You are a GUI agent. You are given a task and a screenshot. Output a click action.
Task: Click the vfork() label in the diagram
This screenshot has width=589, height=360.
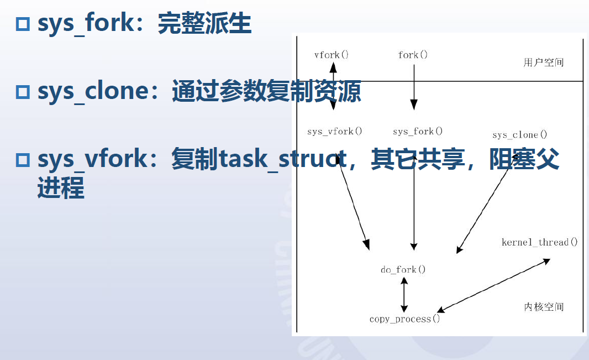[332, 55]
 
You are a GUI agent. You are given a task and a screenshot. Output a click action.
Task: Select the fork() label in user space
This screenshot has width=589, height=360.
[413, 55]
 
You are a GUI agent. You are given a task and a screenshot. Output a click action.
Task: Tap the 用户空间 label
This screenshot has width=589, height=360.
[544, 62]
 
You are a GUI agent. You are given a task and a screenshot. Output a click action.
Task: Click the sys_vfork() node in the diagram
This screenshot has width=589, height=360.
[335, 131]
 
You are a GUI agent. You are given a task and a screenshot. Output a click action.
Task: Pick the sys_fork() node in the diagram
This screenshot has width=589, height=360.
[418, 131]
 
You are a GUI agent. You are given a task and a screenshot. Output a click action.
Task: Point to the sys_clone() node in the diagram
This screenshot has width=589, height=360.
[519, 135]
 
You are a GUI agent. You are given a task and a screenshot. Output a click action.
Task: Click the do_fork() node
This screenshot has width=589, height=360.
[403, 269]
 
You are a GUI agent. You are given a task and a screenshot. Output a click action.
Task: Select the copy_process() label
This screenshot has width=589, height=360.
[405, 319]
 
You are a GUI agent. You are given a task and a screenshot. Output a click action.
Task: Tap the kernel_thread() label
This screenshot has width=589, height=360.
[539, 242]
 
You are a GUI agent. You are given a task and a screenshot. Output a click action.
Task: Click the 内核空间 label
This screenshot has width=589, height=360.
[544, 306]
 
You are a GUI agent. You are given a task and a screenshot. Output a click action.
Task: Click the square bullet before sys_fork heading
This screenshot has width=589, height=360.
[23, 24]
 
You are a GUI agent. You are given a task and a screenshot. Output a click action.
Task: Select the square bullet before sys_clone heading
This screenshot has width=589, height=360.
[23, 92]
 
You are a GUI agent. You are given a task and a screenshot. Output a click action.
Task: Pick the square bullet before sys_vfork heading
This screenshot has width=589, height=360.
[23, 159]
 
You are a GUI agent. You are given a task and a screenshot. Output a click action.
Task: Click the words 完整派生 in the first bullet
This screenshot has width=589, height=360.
[204, 24]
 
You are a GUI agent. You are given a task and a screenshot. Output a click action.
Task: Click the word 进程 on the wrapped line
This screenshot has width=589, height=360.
[61, 188]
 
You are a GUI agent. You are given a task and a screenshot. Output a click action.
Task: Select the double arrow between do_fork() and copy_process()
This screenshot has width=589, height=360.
[404, 295]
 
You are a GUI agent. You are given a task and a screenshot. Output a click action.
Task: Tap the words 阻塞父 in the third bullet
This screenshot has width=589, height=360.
[524, 159]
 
